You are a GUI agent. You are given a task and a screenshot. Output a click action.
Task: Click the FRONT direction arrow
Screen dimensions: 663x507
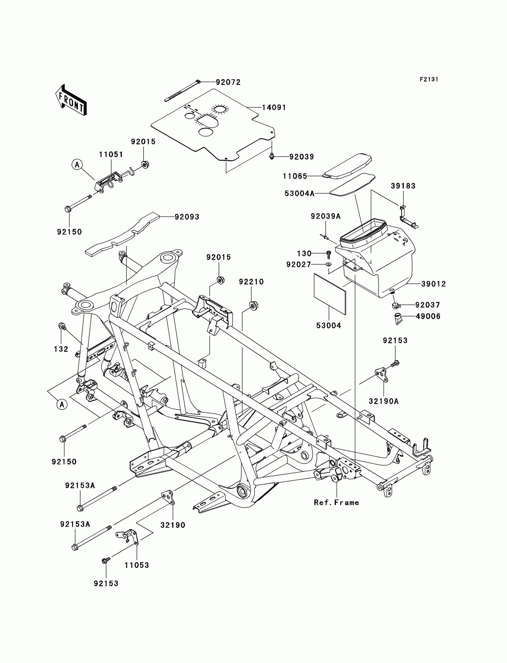tap(71, 100)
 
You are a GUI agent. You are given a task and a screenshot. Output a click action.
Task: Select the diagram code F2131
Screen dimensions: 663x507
tap(429, 79)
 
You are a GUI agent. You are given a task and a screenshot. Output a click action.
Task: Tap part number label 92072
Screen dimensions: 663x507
tap(228, 82)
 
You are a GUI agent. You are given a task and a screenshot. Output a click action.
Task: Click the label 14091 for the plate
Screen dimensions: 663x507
tap(274, 107)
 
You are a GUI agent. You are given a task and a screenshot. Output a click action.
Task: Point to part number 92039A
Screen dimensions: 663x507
tap(326, 216)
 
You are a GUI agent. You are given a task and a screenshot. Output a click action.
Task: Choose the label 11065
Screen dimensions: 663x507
tap(295, 176)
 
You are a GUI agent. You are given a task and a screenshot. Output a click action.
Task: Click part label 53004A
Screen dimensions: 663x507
tap(299, 194)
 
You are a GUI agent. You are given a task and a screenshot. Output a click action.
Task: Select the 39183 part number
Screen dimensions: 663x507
tap(403, 186)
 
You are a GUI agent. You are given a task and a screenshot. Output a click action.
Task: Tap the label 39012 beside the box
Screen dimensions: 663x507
tap(433, 284)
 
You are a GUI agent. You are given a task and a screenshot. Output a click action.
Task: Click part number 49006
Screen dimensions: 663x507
tap(428, 316)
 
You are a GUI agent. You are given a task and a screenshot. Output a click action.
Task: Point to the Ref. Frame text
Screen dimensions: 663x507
tap(336, 503)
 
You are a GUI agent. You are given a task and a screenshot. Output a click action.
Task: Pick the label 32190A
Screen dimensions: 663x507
tap(384, 401)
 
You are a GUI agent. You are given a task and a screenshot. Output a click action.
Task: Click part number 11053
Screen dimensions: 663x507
tap(137, 565)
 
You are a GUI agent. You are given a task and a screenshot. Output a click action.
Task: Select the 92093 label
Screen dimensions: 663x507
tap(187, 217)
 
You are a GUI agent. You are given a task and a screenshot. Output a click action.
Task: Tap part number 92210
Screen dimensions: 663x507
tap(251, 282)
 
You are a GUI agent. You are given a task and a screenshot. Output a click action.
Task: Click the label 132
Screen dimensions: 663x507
tap(61, 349)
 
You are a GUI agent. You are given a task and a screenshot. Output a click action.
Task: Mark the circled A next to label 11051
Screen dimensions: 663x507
tap(77, 164)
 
